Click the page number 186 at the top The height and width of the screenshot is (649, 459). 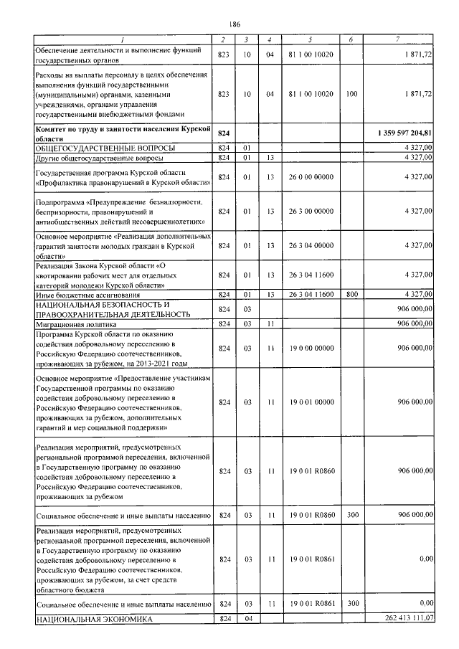point(229,24)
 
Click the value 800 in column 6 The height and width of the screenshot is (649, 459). point(351,294)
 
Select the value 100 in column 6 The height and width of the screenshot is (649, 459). point(351,94)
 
